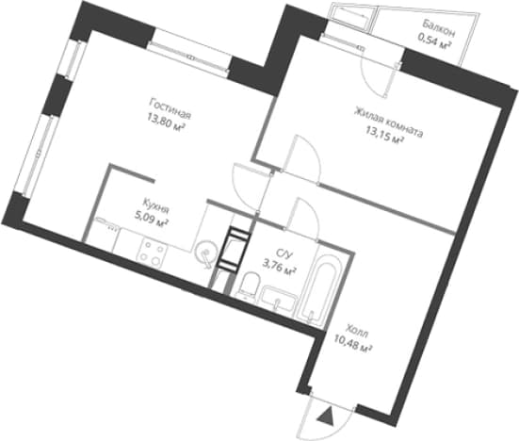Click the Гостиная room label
coord(170,108)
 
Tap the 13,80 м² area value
coord(167,124)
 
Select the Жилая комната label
coord(389,122)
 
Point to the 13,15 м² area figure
coord(384,137)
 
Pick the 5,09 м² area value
coord(151,219)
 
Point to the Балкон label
coord(439,27)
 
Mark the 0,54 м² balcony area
coord(435,41)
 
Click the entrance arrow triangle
coord(325,415)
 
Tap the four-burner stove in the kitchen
coord(152,253)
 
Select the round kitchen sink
coord(205,253)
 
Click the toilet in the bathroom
coord(249,284)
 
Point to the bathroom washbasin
coord(277,299)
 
